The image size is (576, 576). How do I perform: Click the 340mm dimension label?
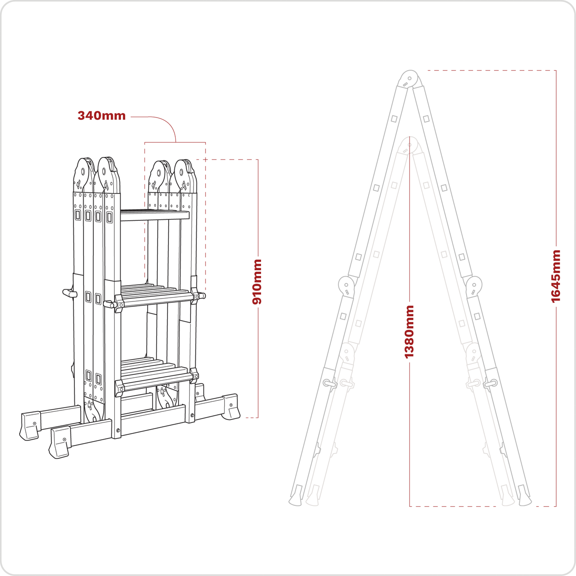pyautogui.click(x=102, y=116)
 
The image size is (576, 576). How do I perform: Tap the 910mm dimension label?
pyautogui.click(x=258, y=282)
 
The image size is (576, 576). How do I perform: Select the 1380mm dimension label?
pyautogui.click(x=409, y=332)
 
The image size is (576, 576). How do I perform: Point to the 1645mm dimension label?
pyautogui.click(x=556, y=276)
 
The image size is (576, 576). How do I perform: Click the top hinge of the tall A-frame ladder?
pyautogui.click(x=409, y=79)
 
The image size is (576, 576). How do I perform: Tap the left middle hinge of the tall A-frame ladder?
pyautogui.click(x=346, y=286)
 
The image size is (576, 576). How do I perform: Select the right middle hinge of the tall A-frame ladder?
pyautogui.click(x=474, y=286)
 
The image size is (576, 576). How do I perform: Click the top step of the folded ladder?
pyautogui.click(x=155, y=216)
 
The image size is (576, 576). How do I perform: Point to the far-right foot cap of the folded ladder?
pyautogui.click(x=231, y=407)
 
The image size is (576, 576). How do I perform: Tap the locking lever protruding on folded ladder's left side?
pyautogui.click(x=69, y=293)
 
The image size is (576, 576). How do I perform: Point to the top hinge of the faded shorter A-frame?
pyautogui.click(x=409, y=145)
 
